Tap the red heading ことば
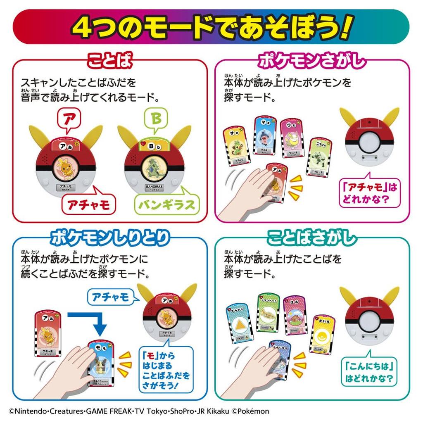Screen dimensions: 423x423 [x=109, y=62]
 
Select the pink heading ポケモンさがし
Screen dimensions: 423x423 [x=312, y=62]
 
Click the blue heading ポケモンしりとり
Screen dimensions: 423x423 [x=109, y=238]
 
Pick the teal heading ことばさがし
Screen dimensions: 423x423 [x=312, y=238]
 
